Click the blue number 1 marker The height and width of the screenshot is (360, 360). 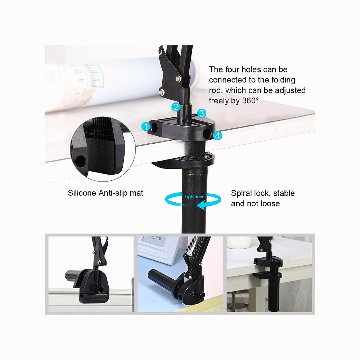[146, 126]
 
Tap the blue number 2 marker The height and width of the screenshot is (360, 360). [176, 107]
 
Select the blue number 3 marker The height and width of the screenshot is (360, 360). [201, 113]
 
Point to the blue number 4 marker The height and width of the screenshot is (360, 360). [217, 136]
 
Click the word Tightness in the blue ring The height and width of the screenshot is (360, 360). [194, 197]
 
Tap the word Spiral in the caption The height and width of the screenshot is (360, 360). [242, 193]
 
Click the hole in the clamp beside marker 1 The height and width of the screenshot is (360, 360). [156, 127]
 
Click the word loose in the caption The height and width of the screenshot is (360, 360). [270, 204]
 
